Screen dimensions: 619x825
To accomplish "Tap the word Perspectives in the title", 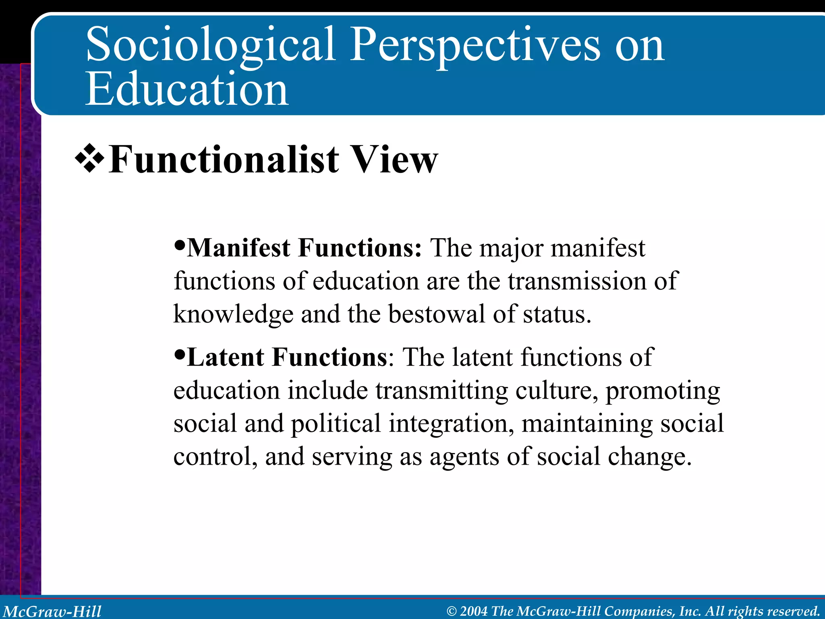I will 475,45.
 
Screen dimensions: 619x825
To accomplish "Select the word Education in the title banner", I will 187,89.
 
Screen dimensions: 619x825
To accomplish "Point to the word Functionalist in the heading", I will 224,160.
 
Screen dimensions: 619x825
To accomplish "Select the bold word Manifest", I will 238,247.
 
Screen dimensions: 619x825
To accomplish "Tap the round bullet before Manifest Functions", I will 180,245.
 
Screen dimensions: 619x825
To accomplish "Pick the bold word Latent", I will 226,357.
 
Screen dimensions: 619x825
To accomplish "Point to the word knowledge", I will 233,315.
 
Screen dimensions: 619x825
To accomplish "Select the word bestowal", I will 436,314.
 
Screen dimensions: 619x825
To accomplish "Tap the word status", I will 557,315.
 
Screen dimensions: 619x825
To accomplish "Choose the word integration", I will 451,424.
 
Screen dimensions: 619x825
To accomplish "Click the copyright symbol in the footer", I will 452,611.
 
